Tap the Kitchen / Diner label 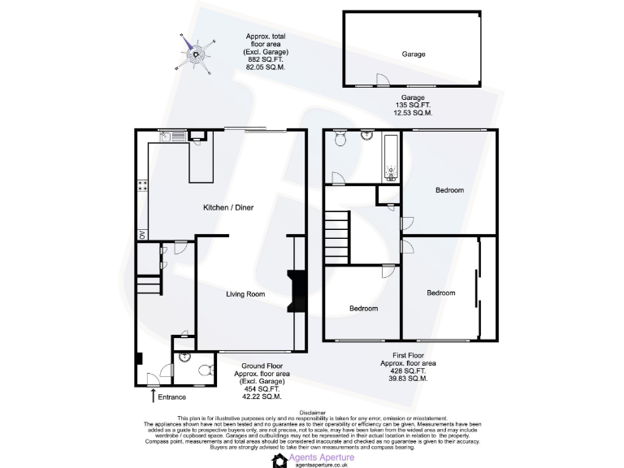click(228, 208)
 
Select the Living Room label click(245, 294)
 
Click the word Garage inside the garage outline click(413, 54)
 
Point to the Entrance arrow click(154, 396)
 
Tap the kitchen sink click(167, 137)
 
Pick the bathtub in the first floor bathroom click(390, 158)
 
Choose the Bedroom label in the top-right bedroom click(449, 190)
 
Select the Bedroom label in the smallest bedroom click(363, 309)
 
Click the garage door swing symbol click(380, 80)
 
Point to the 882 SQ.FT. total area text click(266, 59)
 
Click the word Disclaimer click(312, 413)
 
